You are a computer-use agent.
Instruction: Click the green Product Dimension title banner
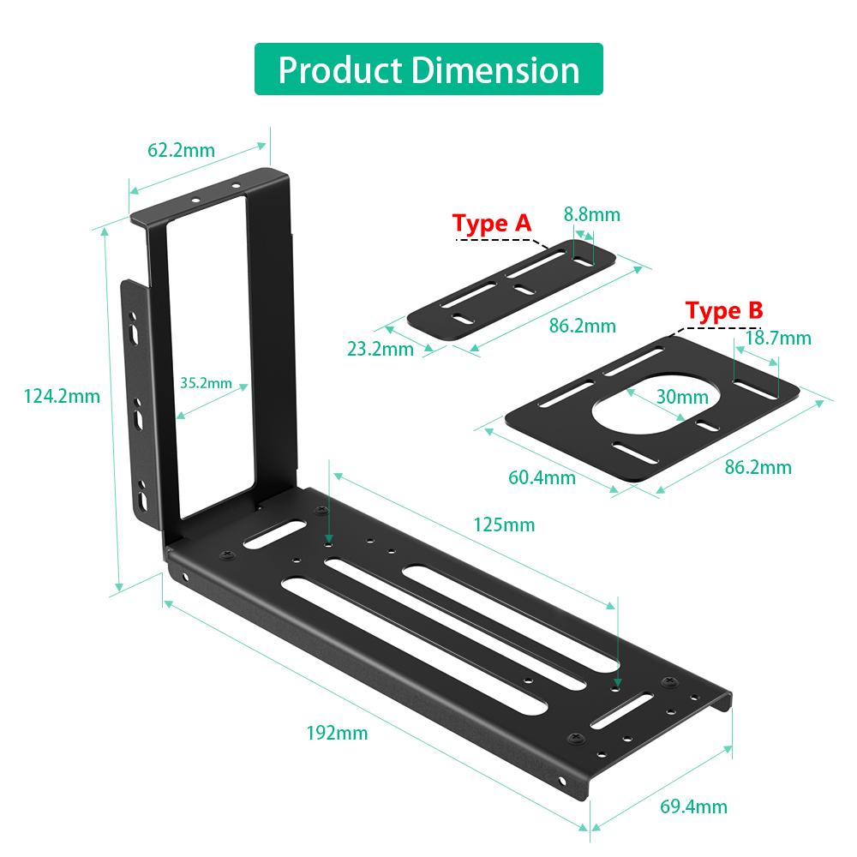(x=428, y=69)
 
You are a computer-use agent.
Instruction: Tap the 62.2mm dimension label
(x=181, y=151)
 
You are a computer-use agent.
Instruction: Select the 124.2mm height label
(x=62, y=396)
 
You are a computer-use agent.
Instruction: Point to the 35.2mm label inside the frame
(x=207, y=383)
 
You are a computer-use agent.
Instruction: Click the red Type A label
(x=492, y=224)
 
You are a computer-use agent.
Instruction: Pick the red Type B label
(x=724, y=310)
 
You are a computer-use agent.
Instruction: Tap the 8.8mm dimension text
(x=592, y=214)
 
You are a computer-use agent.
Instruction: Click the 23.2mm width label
(x=380, y=349)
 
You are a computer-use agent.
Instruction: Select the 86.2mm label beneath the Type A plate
(x=583, y=326)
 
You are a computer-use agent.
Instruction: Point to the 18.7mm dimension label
(x=778, y=338)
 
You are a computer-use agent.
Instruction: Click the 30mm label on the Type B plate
(x=682, y=397)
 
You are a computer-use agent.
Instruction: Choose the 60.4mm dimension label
(x=542, y=477)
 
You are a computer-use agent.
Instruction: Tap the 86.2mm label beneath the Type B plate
(x=758, y=467)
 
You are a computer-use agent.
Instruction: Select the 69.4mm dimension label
(x=692, y=806)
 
